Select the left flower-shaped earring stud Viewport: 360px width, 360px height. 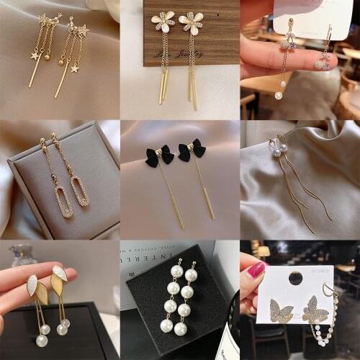[x=163, y=22]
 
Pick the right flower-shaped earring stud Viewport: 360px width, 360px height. [x=191, y=23]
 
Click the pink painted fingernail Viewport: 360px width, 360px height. [x=256, y=271]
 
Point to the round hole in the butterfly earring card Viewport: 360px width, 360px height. [x=295, y=277]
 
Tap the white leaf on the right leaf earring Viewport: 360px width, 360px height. [x=60, y=274]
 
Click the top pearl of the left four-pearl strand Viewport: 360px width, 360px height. [x=175, y=271]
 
